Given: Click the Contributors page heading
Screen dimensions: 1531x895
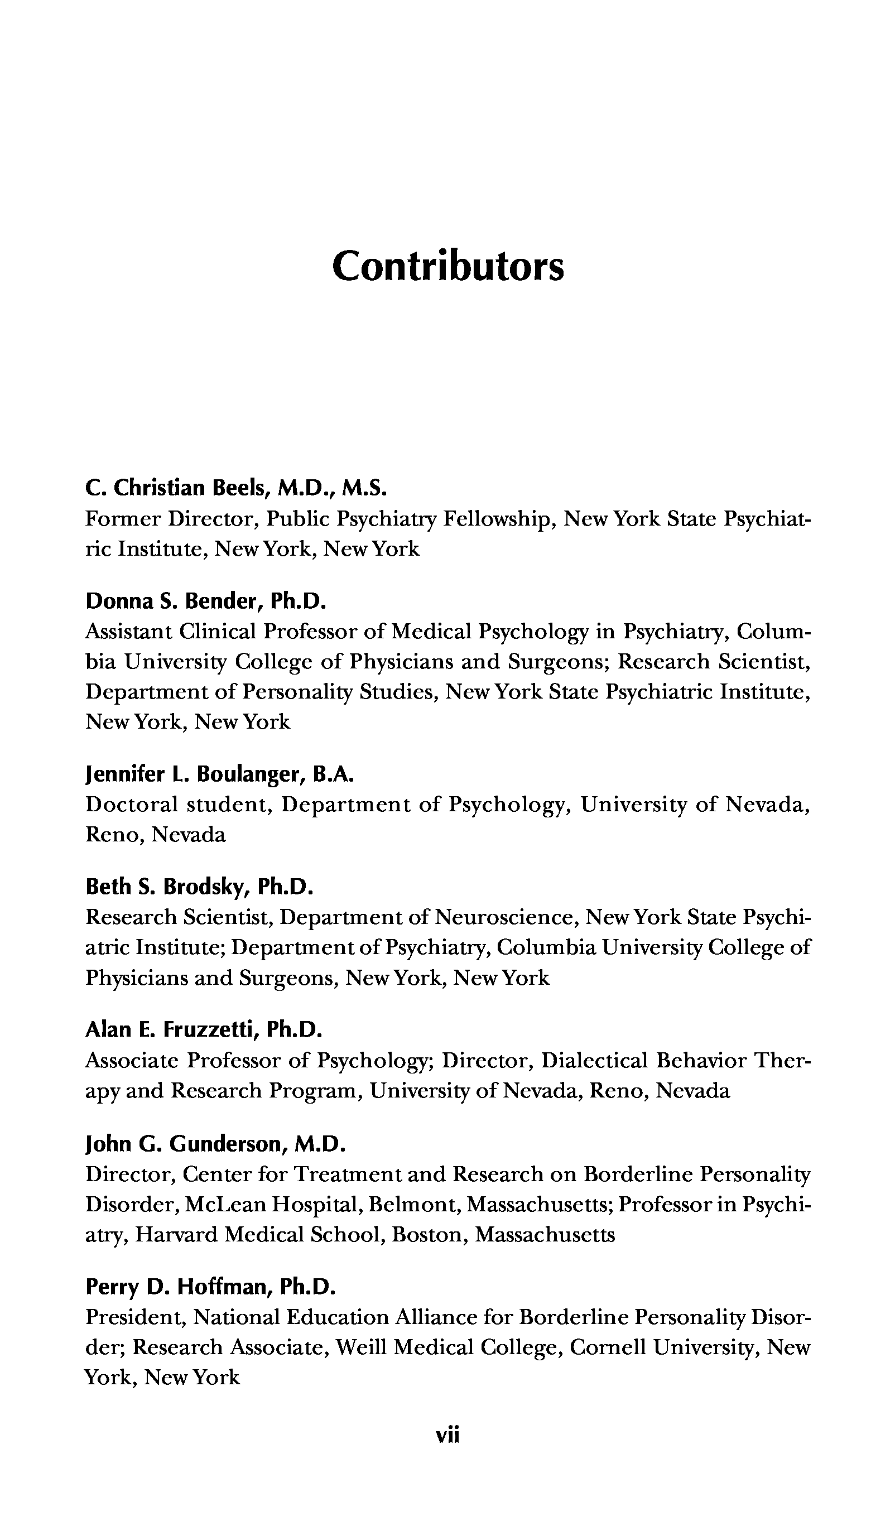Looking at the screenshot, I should (448, 266).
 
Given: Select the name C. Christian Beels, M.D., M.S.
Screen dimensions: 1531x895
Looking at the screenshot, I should (236, 488).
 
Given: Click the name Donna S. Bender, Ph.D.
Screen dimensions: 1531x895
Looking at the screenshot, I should (206, 601).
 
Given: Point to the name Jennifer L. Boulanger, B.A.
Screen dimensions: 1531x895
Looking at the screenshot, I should (219, 774).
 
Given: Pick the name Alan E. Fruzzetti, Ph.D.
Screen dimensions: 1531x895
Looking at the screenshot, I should (203, 1029).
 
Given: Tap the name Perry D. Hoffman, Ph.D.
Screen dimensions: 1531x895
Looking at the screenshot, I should (210, 1286).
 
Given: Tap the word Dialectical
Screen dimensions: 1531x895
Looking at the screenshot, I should (594, 1060).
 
